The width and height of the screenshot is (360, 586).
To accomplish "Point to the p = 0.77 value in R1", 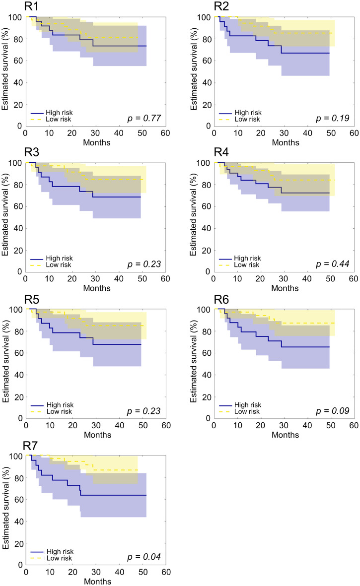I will (146, 118).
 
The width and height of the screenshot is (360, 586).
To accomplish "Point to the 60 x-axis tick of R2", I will (354, 133).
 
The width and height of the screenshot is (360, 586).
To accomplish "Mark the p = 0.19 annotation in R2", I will (334, 118).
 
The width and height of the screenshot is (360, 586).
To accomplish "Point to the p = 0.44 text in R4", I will (334, 264).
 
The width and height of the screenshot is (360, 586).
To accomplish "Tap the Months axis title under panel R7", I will (97, 581).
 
